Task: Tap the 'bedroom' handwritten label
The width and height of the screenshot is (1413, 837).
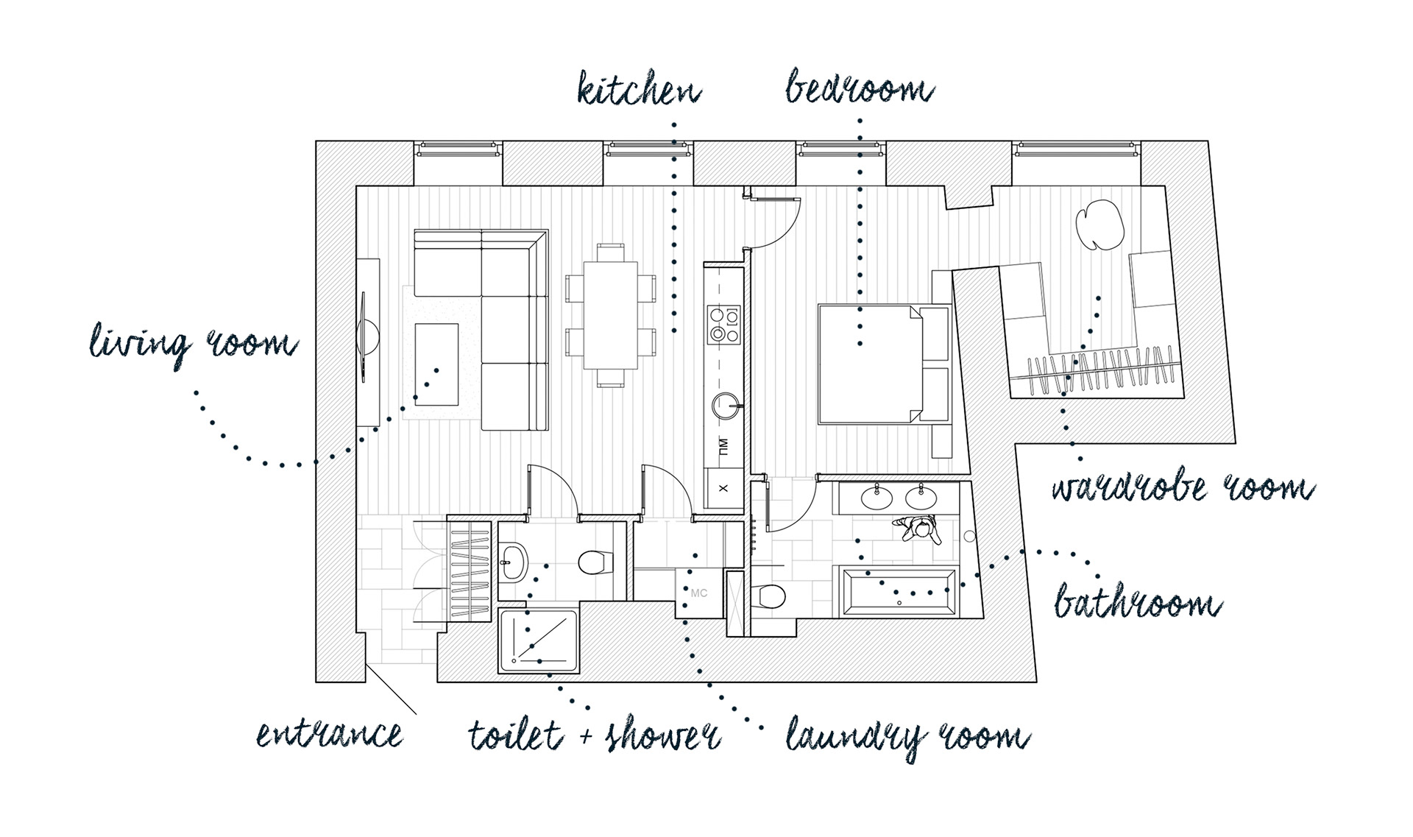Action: tap(859, 88)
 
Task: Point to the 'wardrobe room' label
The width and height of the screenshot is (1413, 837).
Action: tap(1182, 488)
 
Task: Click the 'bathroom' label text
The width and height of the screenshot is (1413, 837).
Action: tap(1137, 604)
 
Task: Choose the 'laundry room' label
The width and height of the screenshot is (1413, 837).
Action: tap(907, 737)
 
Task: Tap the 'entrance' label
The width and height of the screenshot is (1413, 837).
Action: tap(330, 734)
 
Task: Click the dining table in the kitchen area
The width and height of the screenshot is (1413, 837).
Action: tap(610, 315)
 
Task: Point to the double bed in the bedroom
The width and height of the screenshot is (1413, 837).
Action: tap(870, 364)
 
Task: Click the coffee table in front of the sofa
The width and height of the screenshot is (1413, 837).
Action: tap(436, 364)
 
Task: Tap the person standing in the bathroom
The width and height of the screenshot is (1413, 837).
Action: tap(919, 527)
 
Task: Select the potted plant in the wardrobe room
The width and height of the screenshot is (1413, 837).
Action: tap(1099, 224)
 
